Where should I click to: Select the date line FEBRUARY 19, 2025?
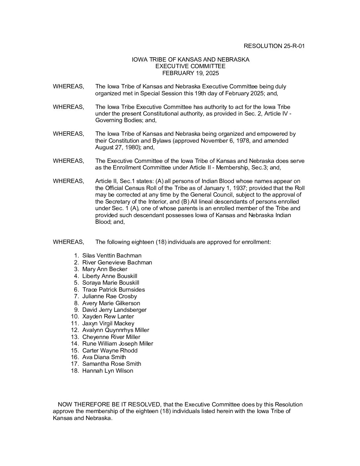190,73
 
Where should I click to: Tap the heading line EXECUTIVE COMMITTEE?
190,66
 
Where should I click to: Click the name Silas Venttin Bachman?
112,256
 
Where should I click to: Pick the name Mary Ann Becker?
105,269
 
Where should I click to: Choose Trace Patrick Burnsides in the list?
113,290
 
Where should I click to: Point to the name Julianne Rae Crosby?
110,296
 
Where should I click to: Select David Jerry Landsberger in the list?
114,310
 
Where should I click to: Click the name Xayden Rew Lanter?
108,316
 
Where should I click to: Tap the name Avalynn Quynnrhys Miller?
115,330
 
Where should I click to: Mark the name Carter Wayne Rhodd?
110,350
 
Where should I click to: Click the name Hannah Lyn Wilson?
108,371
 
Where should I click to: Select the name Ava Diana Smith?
104,357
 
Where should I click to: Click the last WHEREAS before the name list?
68,242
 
